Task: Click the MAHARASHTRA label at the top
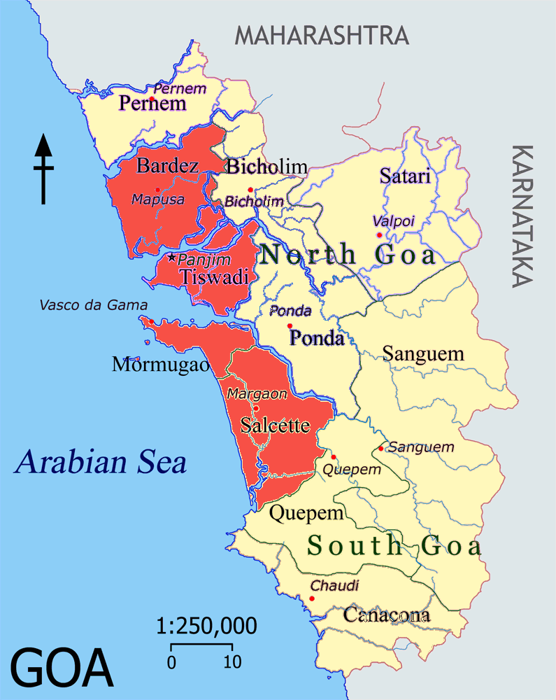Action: pyautogui.click(x=321, y=35)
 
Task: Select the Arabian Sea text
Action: pyautogui.click(x=102, y=463)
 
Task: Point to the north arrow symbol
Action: pyautogui.click(x=44, y=168)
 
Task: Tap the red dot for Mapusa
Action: pyautogui.click(x=158, y=190)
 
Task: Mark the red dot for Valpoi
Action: pyautogui.click(x=379, y=235)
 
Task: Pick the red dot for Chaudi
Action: pyautogui.click(x=312, y=598)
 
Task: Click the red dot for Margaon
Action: pyautogui.click(x=256, y=408)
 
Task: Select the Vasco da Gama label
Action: pyautogui.click(x=94, y=305)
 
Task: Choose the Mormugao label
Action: pyautogui.click(x=160, y=365)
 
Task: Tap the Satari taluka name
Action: pyautogui.click(x=405, y=176)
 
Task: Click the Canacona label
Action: pyautogui.click(x=386, y=616)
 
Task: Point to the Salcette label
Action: pyautogui.click(x=275, y=426)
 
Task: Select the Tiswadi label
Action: pyautogui.click(x=215, y=277)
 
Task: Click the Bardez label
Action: pyautogui.click(x=168, y=166)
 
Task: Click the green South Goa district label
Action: pyautogui.click(x=395, y=545)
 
